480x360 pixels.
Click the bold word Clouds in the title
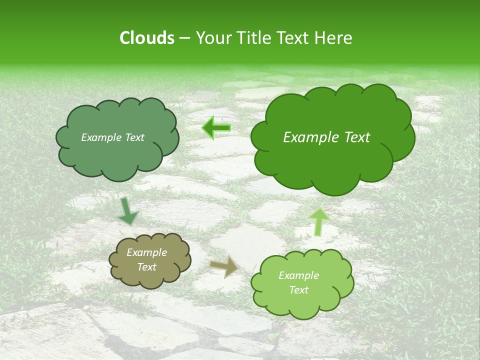[146, 38]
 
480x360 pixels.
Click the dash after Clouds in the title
[184, 38]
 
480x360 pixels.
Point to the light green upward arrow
[318, 222]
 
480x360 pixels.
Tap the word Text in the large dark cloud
[357, 137]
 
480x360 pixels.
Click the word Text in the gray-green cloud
[134, 137]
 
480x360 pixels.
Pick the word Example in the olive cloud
[146, 252]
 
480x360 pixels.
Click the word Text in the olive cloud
[146, 267]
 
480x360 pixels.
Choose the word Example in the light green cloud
[298, 275]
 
